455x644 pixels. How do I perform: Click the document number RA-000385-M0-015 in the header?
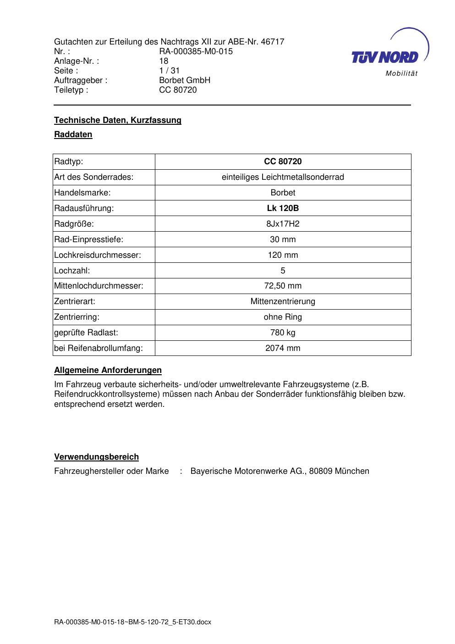pos(196,51)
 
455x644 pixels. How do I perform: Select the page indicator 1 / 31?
pos(169,71)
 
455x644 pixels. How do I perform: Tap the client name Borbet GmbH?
pos(184,80)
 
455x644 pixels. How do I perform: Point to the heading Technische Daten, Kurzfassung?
pos(118,120)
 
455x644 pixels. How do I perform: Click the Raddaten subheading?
pos(73,134)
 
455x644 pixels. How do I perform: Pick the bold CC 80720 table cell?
pos(283,161)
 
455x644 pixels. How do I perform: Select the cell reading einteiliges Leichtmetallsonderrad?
pos(283,177)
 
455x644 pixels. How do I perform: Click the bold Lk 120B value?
pos(283,208)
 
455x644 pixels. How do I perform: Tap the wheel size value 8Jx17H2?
pos(283,224)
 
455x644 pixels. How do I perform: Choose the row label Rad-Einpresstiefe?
pos(89,239)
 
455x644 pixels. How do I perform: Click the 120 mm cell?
pos(283,255)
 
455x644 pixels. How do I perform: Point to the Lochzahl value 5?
pos(283,271)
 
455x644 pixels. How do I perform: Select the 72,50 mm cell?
pos(283,286)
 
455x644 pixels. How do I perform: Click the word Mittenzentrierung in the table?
pos(283,301)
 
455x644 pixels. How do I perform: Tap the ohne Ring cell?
pos(283,317)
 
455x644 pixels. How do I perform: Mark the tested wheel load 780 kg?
pos(283,333)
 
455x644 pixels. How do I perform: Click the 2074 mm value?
pos(283,348)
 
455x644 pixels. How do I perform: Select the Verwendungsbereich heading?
pos(96,457)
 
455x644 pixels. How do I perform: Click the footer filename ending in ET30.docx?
pos(132,622)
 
